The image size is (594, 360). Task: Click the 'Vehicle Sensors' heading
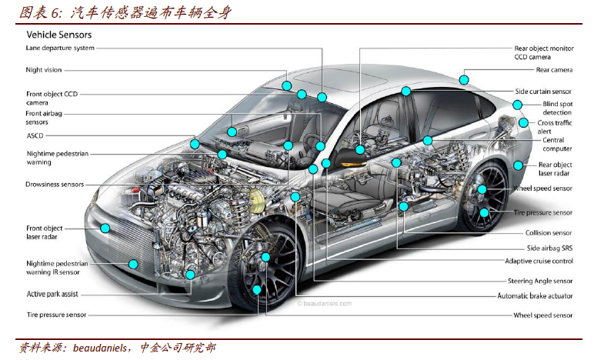pyautogui.click(x=58, y=35)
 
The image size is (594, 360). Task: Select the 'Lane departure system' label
pyautogui.click(x=60, y=48)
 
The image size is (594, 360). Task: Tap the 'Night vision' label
pyautogui.click(x=44, y=70)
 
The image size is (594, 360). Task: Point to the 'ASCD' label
pyautogui.click(x=35, y=135)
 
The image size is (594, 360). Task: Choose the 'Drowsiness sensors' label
pyautogui.click(x=55, y=185)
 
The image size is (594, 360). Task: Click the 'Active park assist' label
pyautogui.click(x=52, y=294)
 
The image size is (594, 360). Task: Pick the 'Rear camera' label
pyautogui.click(x=554, y=70)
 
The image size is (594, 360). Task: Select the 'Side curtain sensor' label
pyautogui.click(x=543, y=92)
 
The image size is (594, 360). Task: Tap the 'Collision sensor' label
pyautogui.click(x=549, y=233)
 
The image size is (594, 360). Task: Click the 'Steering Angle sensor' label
pyautogui.click(x=540, y=281)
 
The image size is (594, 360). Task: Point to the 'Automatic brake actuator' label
pyautogui.click(x=535, y=296)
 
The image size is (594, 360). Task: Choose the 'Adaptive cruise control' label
pyautogui.click(x=539, y=261)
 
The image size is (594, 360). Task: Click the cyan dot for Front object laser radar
pyautogui.click(x=105, y=228)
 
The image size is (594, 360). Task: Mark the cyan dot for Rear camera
pyautogui.click(x=464, y=80)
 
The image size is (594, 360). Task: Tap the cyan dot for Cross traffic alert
pyautogui.click(x=523, y=122)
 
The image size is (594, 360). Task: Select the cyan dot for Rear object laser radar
pyautogui.click(x=518, y=165)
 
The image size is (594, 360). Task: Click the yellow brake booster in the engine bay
pyautogui.click(x=256, y=201)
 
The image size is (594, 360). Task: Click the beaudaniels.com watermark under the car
pyautogui.click(x=324, y=303)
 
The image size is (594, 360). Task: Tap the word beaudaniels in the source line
pyautogui.click(x=99, y=348)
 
